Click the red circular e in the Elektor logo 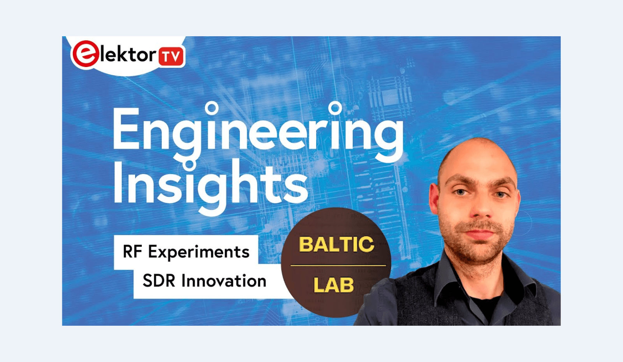(85, 54)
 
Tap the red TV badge (171, 57)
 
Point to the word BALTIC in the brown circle (336, 245)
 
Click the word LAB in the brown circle (334, 285)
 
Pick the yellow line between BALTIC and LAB (338, 265)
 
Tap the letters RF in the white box (132, 252)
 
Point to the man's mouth (480, 233)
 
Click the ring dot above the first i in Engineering (212, 108)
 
